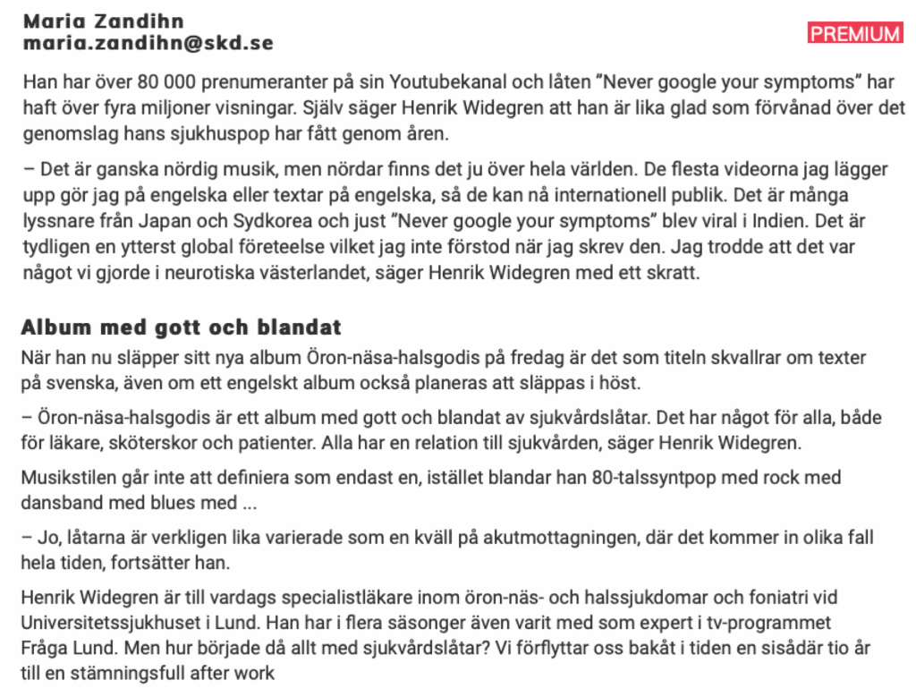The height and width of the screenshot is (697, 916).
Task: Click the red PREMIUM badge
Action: tap(855, 34)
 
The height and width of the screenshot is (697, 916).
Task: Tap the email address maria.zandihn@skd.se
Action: tap(148, 43)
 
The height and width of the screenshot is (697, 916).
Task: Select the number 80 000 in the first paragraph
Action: tap(162, 83)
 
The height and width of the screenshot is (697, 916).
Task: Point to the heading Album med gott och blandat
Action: tap(181, 327)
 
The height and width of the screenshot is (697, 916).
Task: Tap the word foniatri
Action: tap(762, 598)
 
